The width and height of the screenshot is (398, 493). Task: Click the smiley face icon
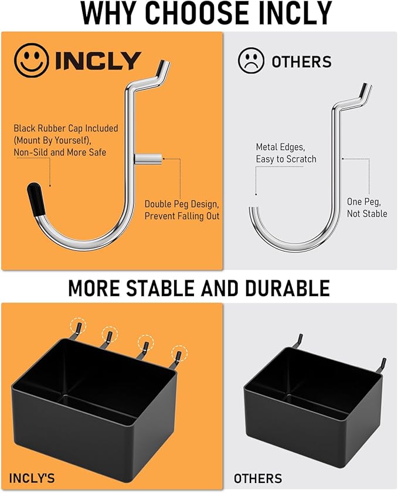(32, 60)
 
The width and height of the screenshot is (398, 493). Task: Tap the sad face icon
(251, 61)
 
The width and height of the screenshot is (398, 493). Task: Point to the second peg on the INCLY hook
(149, 158)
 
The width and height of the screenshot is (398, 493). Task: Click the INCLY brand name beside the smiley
(98, 61)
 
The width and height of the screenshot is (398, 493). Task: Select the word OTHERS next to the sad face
(301, 62)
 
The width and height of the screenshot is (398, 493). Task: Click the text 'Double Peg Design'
(182, 205)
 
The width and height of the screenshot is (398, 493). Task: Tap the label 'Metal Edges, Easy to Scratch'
(285, 152)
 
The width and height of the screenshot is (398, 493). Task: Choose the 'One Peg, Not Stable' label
(366, 208)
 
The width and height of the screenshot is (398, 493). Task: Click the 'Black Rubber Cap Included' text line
(66, 128)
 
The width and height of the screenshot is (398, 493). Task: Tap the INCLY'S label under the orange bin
(32, 478)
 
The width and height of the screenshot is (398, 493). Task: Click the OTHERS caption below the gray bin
(258, 478)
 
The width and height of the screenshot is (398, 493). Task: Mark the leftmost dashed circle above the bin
(77, 326)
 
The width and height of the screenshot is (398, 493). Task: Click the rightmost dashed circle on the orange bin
(179, 353)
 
